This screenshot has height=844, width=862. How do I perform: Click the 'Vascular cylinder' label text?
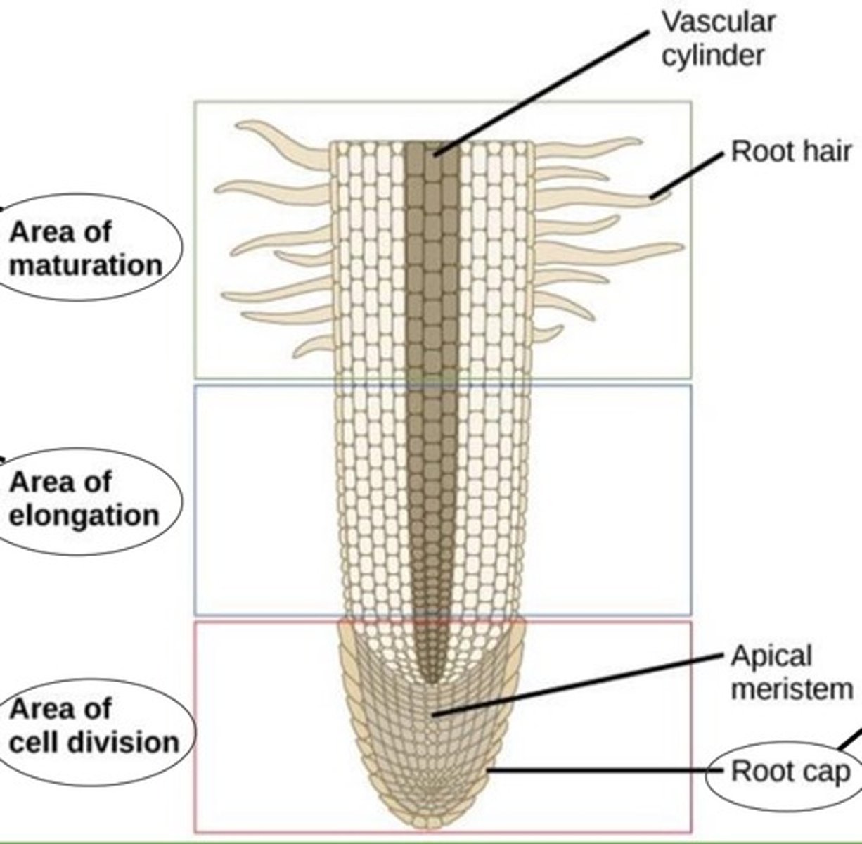click(717, 38)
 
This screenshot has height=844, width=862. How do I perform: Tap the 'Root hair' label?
click(791, 151)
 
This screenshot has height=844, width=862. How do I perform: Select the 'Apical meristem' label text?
click(791, 672)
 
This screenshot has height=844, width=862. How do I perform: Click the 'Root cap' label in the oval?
click(790, 772)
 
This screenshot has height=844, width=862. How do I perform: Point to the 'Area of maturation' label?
click(84, 248)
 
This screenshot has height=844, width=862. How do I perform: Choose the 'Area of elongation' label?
click(83, 499)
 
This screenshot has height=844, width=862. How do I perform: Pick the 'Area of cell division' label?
click(93, 725)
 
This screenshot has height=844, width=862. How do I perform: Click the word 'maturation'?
click(86, 266)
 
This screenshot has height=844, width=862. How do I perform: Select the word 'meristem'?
click(792, 689)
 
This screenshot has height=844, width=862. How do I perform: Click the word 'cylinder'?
click(712, 55)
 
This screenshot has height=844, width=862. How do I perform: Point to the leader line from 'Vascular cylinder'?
click(541, 91)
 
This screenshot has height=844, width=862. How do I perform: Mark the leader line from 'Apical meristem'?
click(577, 685)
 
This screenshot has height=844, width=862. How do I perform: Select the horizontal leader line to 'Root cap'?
click(605, 770)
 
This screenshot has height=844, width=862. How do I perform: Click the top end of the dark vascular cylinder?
click(432, 146)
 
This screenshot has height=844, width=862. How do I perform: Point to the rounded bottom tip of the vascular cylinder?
click(432, 679)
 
